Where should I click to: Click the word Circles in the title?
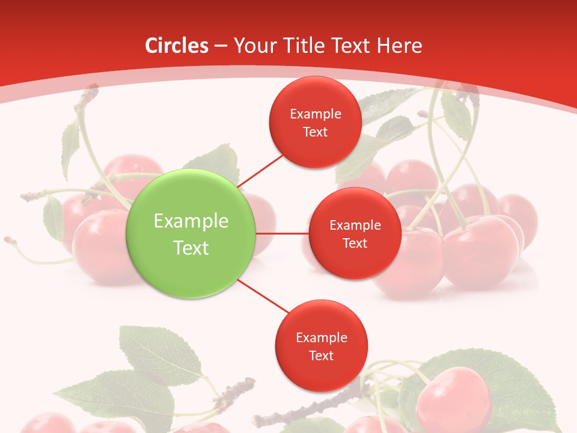point(177,46)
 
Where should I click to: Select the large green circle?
point(191,233)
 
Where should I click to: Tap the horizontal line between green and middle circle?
point(282,233)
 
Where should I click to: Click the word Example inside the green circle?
point(191,221)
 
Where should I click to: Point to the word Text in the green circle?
point(191,248)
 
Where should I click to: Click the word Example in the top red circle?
point(315,114)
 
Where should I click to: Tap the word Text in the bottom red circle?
point(321,356)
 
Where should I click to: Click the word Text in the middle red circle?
point(355,244)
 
